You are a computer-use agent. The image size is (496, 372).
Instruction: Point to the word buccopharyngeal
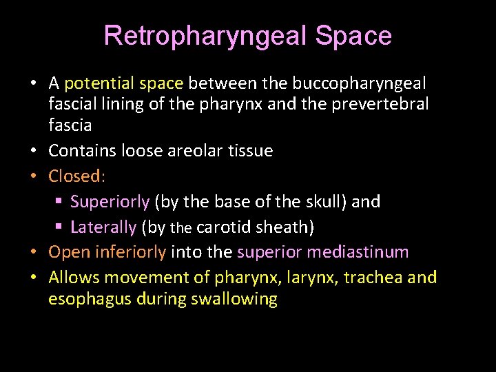[x=359, y=83]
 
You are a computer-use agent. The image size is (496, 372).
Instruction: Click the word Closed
[x=74, y=176]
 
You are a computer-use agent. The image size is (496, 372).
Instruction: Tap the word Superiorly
[x=110, y=201]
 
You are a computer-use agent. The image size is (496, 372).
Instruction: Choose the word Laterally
[x=103, y=227]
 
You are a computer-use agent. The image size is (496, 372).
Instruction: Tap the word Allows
[x=73, y=278]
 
